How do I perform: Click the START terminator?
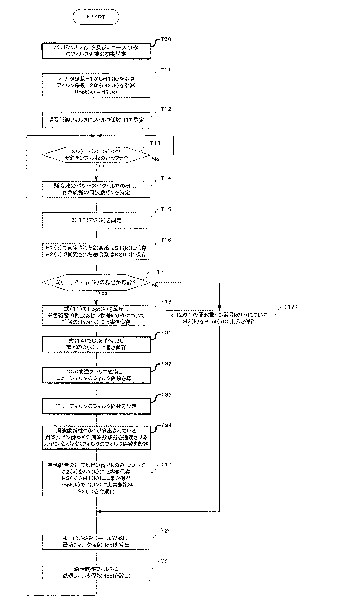tap(96, 17)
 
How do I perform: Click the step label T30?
tap(166, 39)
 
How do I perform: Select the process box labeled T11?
tap(96, 85)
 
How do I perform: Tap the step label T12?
tap(166, 109)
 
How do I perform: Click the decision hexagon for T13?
tap(96, 155)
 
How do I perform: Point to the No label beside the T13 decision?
tap(156, 159)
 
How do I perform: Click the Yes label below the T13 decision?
tap(103, 165)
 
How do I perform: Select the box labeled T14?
tap(96, 189)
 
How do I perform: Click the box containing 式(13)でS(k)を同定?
tap(96, 220)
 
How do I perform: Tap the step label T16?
tap(166, 240)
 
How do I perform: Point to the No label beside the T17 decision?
tap(156, 285)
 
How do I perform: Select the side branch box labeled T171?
tap(219, 318)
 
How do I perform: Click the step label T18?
tap(166, 301)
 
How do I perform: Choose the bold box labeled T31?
tap(96, 344)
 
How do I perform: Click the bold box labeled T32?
tap(96, 375)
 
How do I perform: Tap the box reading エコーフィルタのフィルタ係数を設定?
tap(96, 406)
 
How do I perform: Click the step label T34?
tap(166, 425)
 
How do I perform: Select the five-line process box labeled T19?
tap(96, 479)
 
